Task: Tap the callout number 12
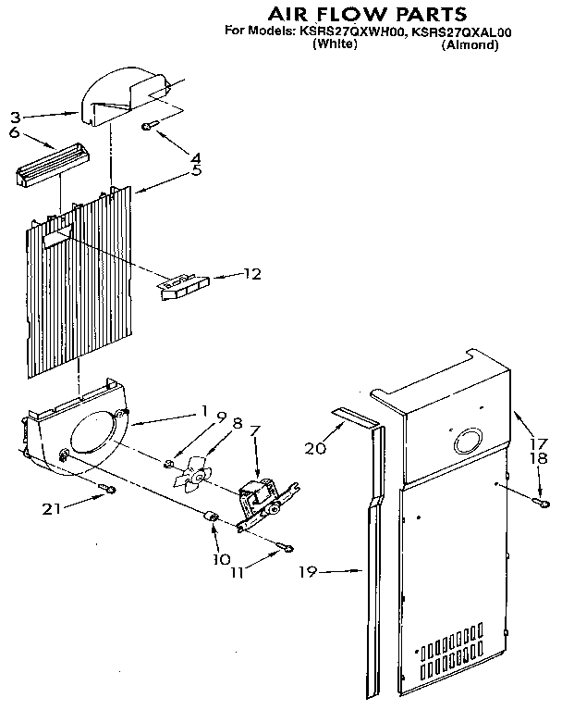pos(252,274)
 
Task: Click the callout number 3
pos(15,118)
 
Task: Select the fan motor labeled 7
pos(260,502)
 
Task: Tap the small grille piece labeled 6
pos(53,165)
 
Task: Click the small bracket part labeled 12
pos(184,284)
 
